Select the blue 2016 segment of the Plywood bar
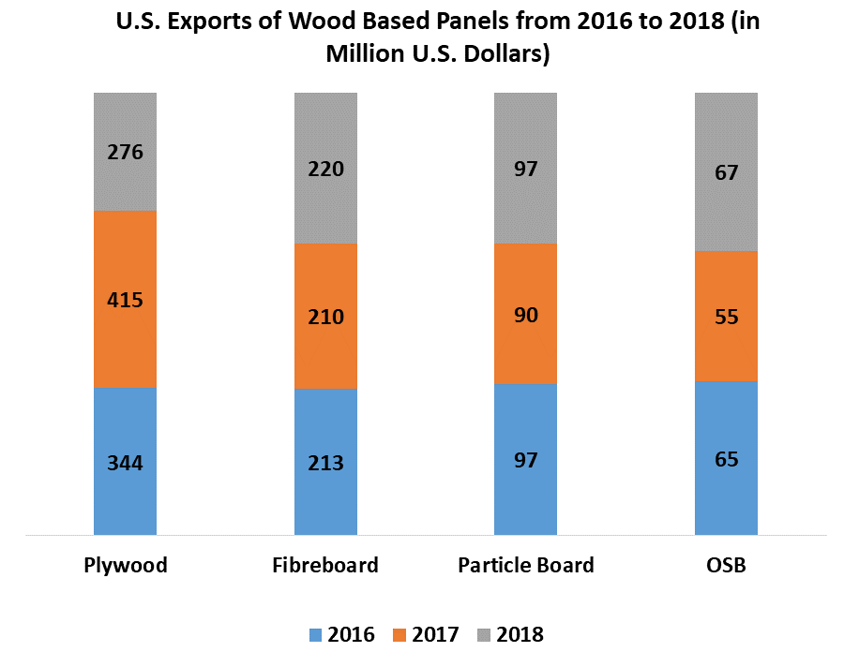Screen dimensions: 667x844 [125, 461]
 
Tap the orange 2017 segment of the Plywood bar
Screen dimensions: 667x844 [125, 299]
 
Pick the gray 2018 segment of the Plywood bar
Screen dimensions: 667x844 [125, 152]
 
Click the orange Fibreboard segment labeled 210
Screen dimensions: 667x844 [325, 316]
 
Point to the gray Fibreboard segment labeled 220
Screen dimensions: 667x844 [325, 169]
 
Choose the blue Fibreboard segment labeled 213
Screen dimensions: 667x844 [325, 462]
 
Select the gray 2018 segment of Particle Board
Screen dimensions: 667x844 [525, 169]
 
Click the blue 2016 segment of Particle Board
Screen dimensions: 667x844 [525, 459]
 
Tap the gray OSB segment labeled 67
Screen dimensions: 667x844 [726, 172]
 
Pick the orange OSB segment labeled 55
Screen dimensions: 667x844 [726, 316]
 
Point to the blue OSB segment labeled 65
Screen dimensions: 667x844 [726, 458]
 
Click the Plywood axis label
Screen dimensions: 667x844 [125, 566]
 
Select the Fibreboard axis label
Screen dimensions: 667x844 [325, 565]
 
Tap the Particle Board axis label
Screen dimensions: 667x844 [525, 565]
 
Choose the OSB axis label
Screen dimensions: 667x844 [726, 565]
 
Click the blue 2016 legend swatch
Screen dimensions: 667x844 [316, 635]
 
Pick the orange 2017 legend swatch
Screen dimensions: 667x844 [399, 635]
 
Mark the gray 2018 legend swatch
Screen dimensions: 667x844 [483, 635]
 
